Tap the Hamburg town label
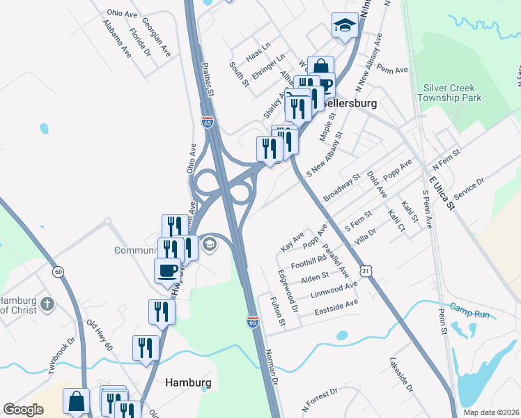pos(188,382)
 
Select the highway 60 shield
pos(57,271)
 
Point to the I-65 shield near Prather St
pos(208,121)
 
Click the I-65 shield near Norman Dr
pos(253,321)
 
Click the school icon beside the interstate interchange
pos(209,244)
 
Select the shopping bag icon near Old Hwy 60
pos(76,401)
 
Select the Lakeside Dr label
pos(402,375)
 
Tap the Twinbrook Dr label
pos(61,355)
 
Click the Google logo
pos(24,410)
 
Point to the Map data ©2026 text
pos(490,412)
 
